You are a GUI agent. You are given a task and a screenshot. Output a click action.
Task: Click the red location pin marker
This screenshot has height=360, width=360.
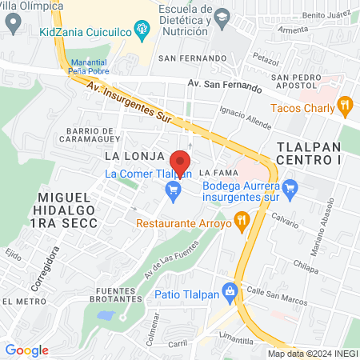pyautogui.click(x=181, y=161)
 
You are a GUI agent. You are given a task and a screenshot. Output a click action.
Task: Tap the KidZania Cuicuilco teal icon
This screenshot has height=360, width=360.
pyautogui.click(x=142, y=32)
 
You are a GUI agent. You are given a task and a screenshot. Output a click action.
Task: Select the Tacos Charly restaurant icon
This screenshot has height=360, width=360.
pyautogui.click(x=345, y=104)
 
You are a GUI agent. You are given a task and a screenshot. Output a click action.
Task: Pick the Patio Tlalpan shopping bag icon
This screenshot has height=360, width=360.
pyautogui.click(x=230, y=291)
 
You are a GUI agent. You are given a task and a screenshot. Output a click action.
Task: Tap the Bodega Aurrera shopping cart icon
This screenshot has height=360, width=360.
pyautogui.click(x=290, y=190)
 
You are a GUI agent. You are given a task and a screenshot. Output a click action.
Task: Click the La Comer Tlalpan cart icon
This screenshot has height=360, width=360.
pyautogui.click(x=171, y=190)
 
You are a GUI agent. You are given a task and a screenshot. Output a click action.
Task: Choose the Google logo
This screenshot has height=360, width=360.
pyautogui.click(x=26, y=350)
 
